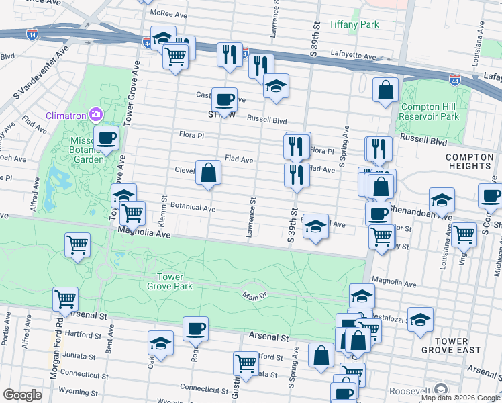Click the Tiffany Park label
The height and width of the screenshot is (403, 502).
pos(354,25)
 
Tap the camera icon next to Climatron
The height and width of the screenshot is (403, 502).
pos(97,115)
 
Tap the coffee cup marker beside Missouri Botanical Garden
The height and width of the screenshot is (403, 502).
pos(106,139)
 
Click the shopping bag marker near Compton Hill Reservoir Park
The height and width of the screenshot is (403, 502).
pos(386,90)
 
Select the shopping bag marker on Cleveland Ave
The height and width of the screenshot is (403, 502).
pos(209,173)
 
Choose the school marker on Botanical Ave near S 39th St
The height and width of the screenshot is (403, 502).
pos(315,226)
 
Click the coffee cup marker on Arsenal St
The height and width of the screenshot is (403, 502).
pos(195,329)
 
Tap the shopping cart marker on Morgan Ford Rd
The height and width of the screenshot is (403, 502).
pos(65,299)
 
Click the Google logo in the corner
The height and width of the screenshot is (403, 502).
pos(22,395)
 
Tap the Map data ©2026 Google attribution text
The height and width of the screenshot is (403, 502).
pos(460,398)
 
